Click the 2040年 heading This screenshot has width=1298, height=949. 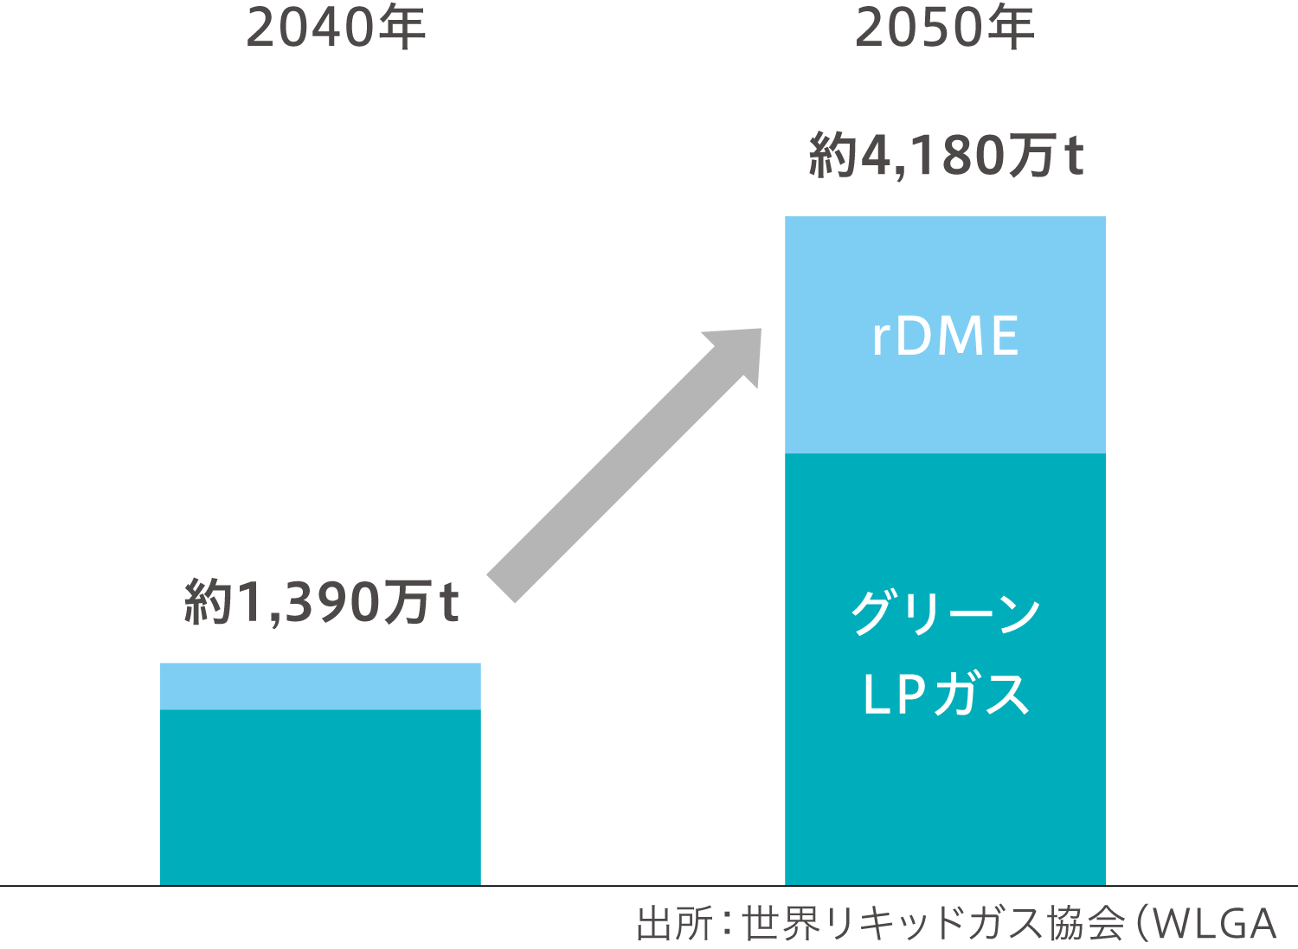[x=336, y=28]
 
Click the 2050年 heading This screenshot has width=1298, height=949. [x=945, y=28]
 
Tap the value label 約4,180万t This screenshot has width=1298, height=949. [x=946, y=155]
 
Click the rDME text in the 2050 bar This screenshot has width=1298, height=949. [x=945, y=336]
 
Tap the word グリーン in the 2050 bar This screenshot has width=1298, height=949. [x=945, y=612]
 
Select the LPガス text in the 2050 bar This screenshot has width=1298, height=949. [x=945, y=694]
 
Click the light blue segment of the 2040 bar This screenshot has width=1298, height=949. [x=320, y=687]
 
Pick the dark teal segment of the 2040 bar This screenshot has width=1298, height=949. [x=320, y=798]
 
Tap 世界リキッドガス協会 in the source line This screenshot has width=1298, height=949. [x=933, y=924]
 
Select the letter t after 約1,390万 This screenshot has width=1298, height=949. [x=450, y=604]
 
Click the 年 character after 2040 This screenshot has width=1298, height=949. [x=403, y=28]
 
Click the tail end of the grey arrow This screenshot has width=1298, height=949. [x=501, y=588]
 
